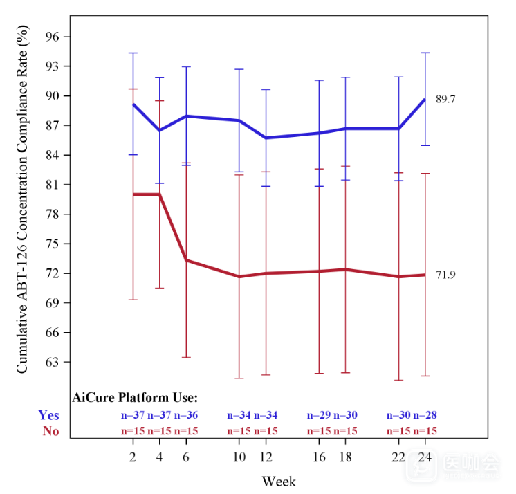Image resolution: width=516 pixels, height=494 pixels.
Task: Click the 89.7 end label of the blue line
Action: coord(445,100)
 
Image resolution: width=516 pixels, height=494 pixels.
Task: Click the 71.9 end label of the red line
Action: coord(445,275)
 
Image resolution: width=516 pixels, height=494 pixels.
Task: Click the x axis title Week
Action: coord(278,481)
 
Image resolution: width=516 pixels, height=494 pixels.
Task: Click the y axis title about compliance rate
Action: coord(23,200)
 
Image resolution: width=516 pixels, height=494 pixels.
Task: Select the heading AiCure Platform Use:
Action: coord(135,398)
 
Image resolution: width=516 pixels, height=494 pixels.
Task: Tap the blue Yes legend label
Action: coord(48,415)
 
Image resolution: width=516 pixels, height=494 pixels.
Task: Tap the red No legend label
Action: coord(50,430)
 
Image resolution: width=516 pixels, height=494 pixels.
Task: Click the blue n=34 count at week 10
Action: coord(239,415)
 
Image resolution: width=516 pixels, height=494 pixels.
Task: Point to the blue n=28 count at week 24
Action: coord(425,415)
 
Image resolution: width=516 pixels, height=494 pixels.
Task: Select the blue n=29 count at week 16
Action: coord(319,415)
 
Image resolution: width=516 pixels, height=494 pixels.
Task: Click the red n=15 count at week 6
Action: coord(186,431)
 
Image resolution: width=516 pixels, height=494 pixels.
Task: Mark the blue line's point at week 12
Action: coord(266,138)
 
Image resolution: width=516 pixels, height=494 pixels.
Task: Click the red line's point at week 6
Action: coord(186,260)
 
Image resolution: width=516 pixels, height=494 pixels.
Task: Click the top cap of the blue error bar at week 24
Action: coord(425,53)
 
